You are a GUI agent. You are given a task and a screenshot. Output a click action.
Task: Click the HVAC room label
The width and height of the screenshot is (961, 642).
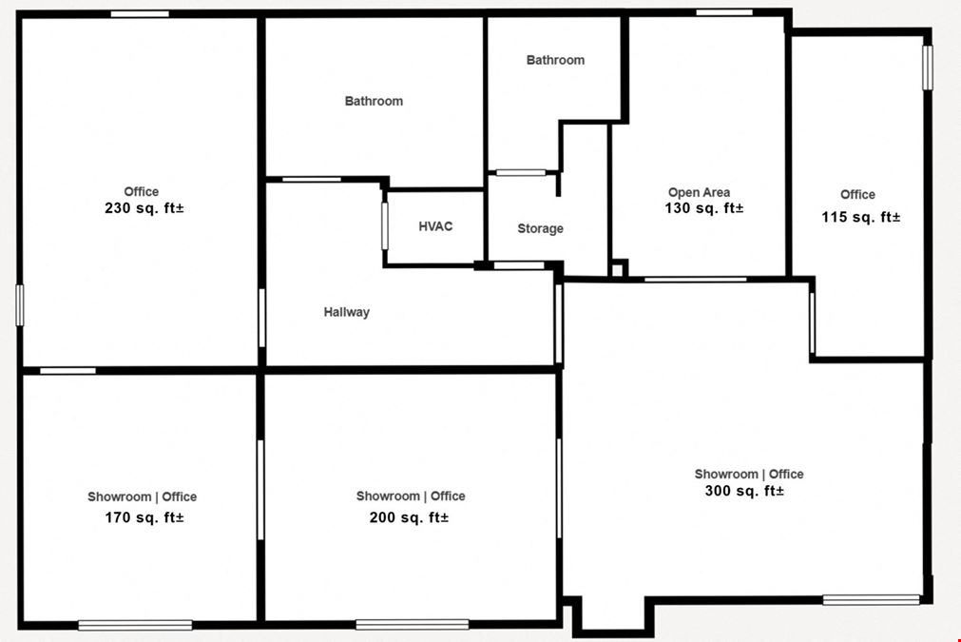tap(435, 226)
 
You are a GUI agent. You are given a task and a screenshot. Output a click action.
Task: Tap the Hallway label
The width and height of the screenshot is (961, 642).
tap(347, 312)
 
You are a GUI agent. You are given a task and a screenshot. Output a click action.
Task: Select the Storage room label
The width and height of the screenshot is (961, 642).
tap(540, 228)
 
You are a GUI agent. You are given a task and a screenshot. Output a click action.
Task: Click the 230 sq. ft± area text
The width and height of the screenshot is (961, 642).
tap(144, 208)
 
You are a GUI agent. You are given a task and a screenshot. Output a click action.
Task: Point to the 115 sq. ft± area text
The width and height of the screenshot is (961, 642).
tap(861, 217)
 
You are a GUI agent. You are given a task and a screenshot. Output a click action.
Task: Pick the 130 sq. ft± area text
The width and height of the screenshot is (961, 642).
tap(704, 208)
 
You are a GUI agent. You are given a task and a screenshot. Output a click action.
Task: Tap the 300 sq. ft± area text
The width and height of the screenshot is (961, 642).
tap(744, 491)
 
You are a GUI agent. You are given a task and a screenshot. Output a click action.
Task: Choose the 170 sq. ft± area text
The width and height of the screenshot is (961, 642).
tap(144, 517)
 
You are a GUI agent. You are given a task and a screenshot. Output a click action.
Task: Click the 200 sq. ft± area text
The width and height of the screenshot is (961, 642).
tap(409, 517)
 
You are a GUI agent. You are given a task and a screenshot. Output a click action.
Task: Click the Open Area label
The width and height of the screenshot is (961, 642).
tap(699, 192)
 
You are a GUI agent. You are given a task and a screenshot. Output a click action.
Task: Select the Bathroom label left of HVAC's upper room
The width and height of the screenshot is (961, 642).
tap(374, 101)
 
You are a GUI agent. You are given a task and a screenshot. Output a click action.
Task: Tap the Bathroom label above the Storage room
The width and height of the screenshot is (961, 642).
tap(555, 60)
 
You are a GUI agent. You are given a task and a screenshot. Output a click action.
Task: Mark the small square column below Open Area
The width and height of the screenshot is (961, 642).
tap(618, 269)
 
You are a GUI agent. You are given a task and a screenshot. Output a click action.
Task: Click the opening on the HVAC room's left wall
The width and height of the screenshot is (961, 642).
tap(385, 226)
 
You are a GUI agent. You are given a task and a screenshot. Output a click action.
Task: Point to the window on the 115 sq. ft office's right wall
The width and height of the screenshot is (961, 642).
tap(928, 67)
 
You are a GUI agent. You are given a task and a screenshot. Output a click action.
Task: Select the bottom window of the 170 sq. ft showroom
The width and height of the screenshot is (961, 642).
tap(135, 625)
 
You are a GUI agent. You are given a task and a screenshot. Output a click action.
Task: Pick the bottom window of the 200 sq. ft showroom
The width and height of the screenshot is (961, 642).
tap(413, 625)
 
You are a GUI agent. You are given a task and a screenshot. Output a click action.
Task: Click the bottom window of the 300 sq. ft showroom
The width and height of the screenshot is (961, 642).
tap(871, 599)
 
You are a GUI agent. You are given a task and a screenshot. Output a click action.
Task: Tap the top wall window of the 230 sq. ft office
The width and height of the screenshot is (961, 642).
tap(140, 13)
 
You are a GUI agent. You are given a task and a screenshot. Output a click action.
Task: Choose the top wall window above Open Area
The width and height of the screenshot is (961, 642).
tap(724, 12)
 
